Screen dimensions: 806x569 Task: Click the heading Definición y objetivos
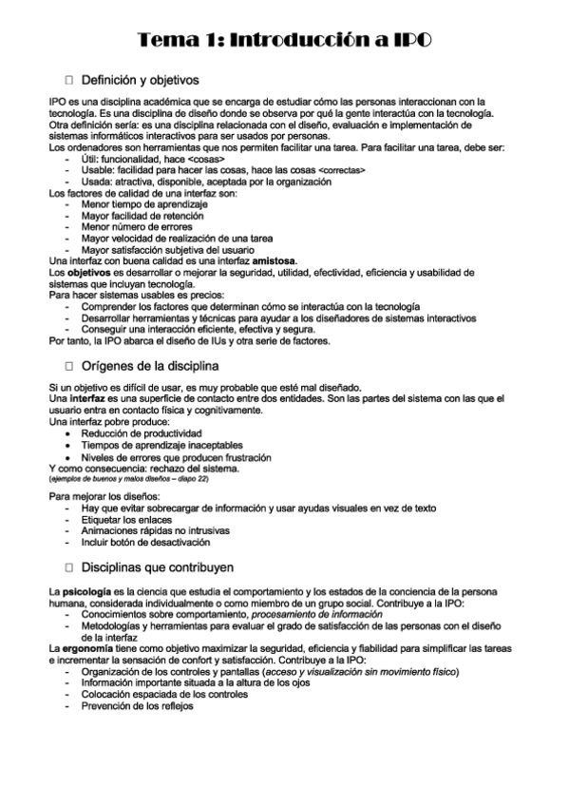[140, 80]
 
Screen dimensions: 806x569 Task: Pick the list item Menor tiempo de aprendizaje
[144, 204]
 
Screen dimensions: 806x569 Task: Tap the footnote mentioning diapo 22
[129, 479]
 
